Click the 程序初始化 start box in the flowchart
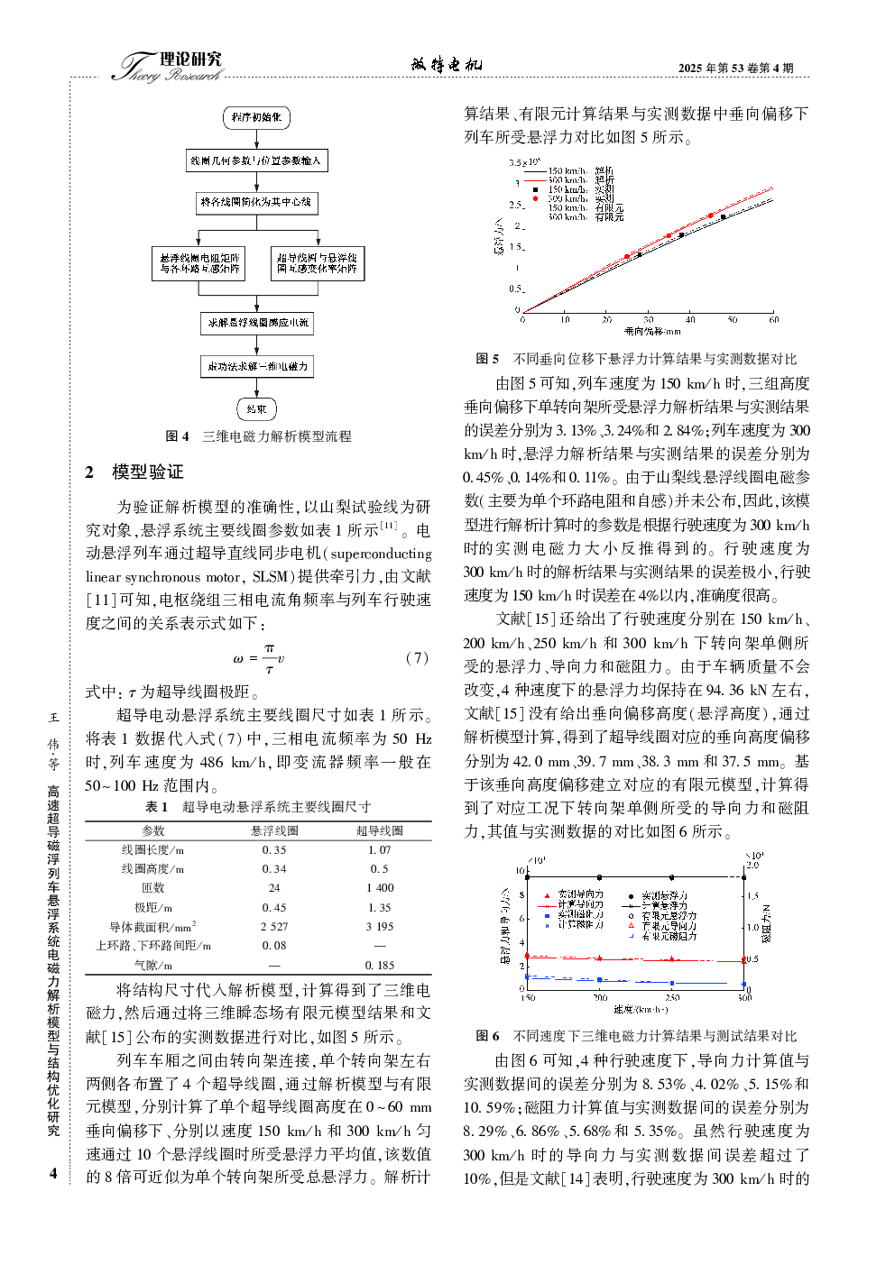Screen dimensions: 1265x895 pos(256,117)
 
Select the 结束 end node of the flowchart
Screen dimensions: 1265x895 pos(256,409)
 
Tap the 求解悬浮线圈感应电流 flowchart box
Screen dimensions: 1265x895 pos(257,323)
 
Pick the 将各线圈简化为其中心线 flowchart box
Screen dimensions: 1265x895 pos(256,203)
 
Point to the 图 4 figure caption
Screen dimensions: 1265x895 pos(258,436)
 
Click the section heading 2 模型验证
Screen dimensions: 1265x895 pos(134,472)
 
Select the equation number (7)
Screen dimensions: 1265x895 pos(417,658)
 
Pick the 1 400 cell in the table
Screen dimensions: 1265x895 pos(380,888)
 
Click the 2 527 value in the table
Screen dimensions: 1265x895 pos(274,927)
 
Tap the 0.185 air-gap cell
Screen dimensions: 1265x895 pos(380,965)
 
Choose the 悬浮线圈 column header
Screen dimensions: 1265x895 pos(274,830)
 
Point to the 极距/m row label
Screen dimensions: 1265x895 pos(153,908)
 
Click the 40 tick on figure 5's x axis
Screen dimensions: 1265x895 pos(690,320)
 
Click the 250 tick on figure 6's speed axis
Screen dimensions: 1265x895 pos(672,998)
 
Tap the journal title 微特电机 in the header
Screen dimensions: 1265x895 pos(447,65)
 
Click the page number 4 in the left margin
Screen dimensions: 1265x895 pos(53,1173)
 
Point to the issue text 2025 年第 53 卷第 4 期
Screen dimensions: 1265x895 pos(735,68)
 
